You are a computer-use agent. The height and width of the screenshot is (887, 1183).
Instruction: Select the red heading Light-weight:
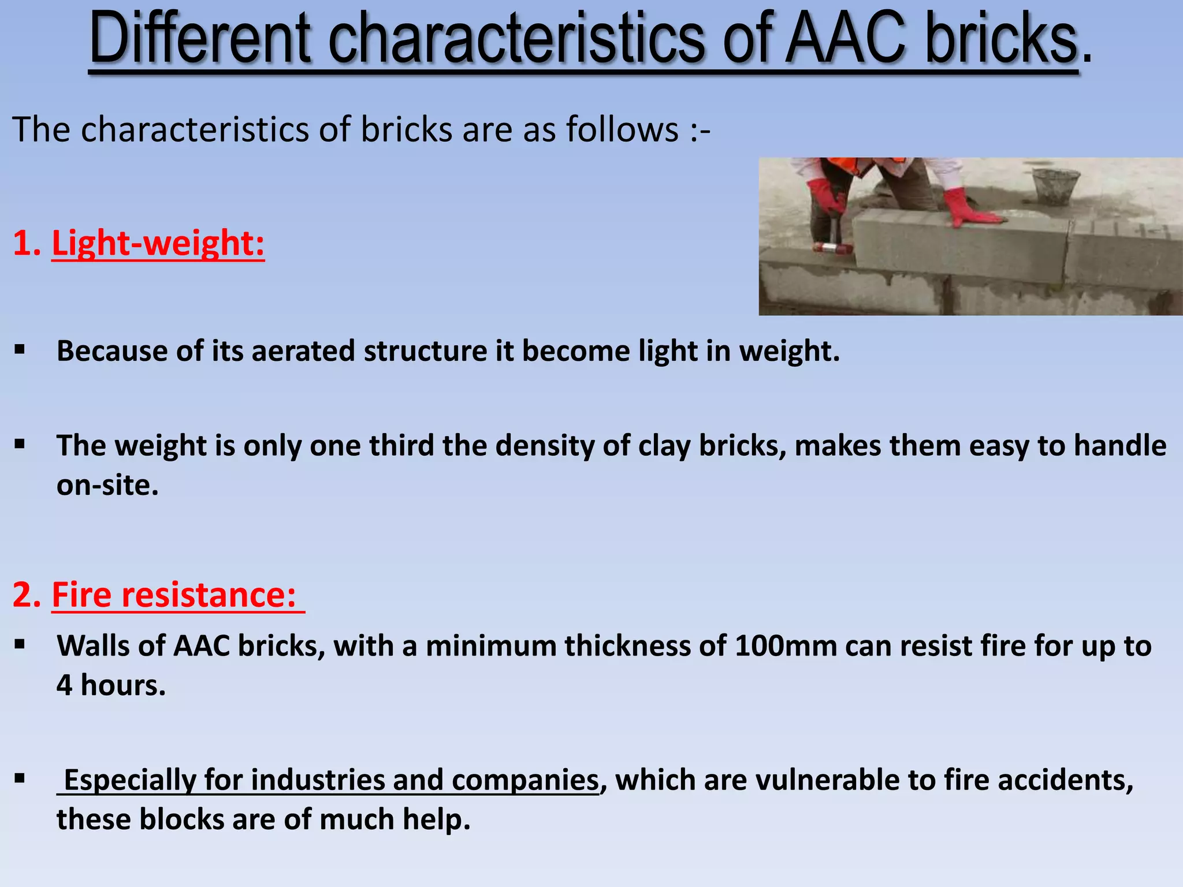[158, 243]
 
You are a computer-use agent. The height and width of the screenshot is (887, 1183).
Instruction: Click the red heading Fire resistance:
[174, 595]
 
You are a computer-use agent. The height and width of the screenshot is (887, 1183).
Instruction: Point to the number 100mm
[786, 646]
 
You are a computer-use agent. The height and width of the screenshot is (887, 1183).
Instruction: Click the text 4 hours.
[111, 685]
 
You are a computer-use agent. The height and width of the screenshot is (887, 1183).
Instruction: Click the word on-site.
[107, 485]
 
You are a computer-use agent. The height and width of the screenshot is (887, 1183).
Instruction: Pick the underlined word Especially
[129, 780]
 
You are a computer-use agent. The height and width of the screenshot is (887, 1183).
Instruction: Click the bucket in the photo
[1055, 187]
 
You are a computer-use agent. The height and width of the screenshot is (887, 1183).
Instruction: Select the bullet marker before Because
[20, 349]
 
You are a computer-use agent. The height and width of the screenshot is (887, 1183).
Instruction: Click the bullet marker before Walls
[20, 644]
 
